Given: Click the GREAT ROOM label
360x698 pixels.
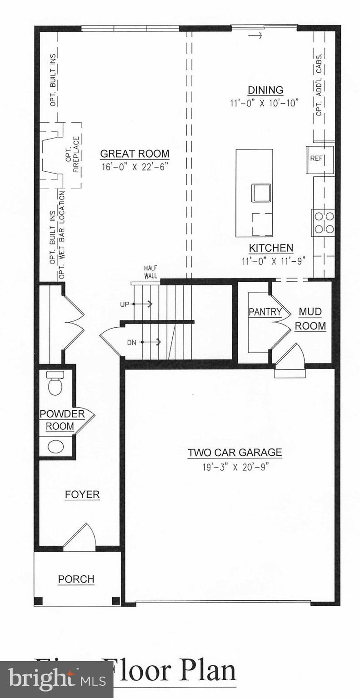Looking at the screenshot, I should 135,154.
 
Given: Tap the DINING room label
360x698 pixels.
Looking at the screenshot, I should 265,90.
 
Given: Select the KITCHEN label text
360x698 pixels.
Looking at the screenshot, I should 271,248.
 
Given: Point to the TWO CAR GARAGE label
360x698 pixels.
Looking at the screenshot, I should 235,453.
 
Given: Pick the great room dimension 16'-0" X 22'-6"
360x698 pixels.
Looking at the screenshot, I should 135,166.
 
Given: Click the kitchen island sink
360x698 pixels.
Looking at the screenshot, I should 260,193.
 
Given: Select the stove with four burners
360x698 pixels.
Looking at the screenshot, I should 323,223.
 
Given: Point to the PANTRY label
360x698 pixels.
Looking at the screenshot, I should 265,312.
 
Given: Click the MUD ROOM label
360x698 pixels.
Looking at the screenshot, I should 311,319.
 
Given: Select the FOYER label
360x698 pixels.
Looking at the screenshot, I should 82,494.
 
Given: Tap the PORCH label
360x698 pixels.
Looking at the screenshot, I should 76,579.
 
